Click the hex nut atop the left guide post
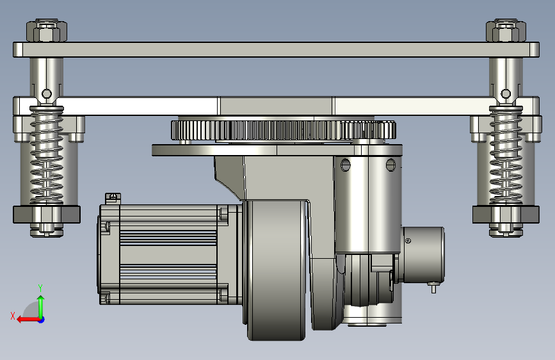(47, 31)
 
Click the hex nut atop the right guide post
(506, 31)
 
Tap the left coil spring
(47, 156)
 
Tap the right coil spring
(506, 156)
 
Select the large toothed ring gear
(283, 130)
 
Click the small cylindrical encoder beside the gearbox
(423, 255)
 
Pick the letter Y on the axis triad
(40, 288)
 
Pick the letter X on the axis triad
(13, 316)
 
